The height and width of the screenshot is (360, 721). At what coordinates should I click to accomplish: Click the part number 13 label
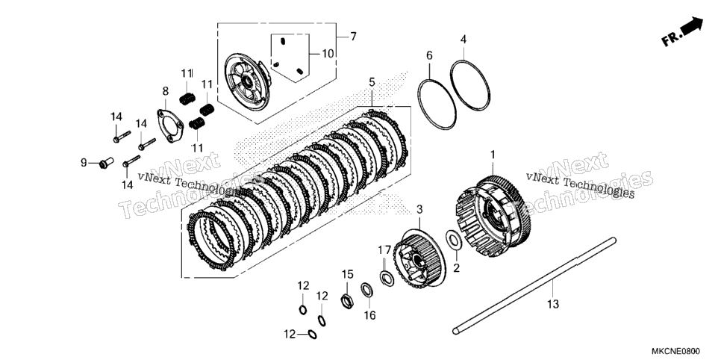(553, 304)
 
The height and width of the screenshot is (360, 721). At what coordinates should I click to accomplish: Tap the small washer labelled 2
(454, 240)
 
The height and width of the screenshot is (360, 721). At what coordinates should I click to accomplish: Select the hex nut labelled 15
(347, 301)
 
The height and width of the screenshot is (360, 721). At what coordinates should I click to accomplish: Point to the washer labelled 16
(367, 291)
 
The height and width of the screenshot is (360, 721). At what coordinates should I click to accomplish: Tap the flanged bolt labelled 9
(107, 163)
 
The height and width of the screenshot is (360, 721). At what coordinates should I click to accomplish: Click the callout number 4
(463, 40)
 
